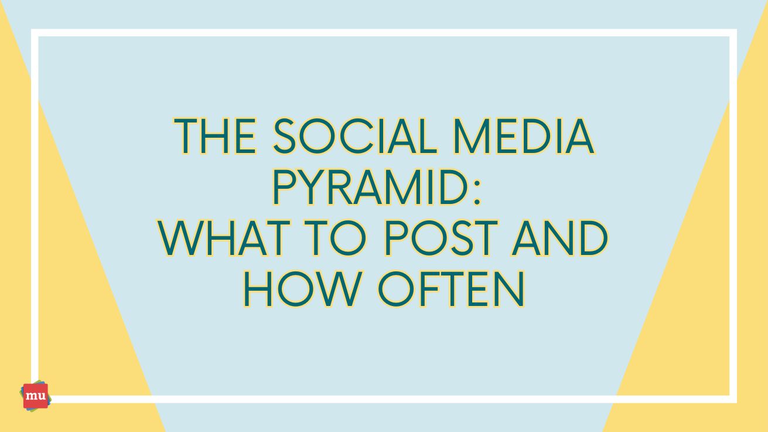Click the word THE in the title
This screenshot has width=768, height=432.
click(215, 136)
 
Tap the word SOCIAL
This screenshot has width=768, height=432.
click(355, 136)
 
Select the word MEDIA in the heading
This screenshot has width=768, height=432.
click(524, 136)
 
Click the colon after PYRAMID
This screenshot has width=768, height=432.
click(477, 193)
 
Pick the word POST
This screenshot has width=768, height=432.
click(441, 239)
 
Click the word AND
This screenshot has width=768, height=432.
click(559, 239)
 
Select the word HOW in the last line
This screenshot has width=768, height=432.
click(302, 289)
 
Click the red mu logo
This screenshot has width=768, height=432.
click(36, 396)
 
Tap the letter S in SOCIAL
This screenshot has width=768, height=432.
click(284, 136)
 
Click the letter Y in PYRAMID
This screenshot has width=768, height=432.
click(312, 188)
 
